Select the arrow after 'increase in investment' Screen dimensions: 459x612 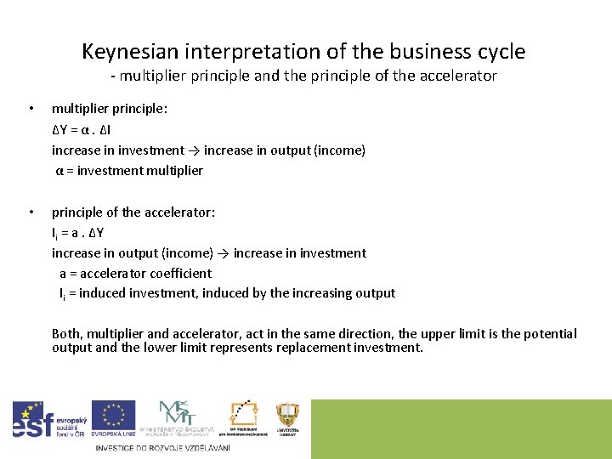click(194, 150)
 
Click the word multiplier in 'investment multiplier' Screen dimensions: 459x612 click(174, 170)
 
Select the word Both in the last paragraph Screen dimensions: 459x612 click(67, 334)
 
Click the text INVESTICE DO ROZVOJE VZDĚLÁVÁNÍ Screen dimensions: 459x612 click(162, 448)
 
